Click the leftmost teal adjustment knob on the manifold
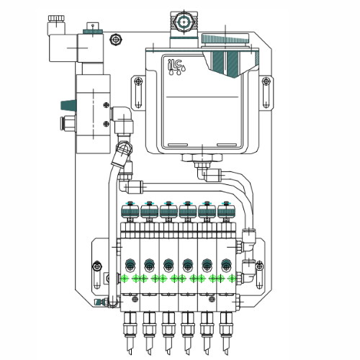pyautogui.click(x=130, y=210)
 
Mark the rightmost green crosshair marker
pyautogui.click(x=231, y=278)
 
